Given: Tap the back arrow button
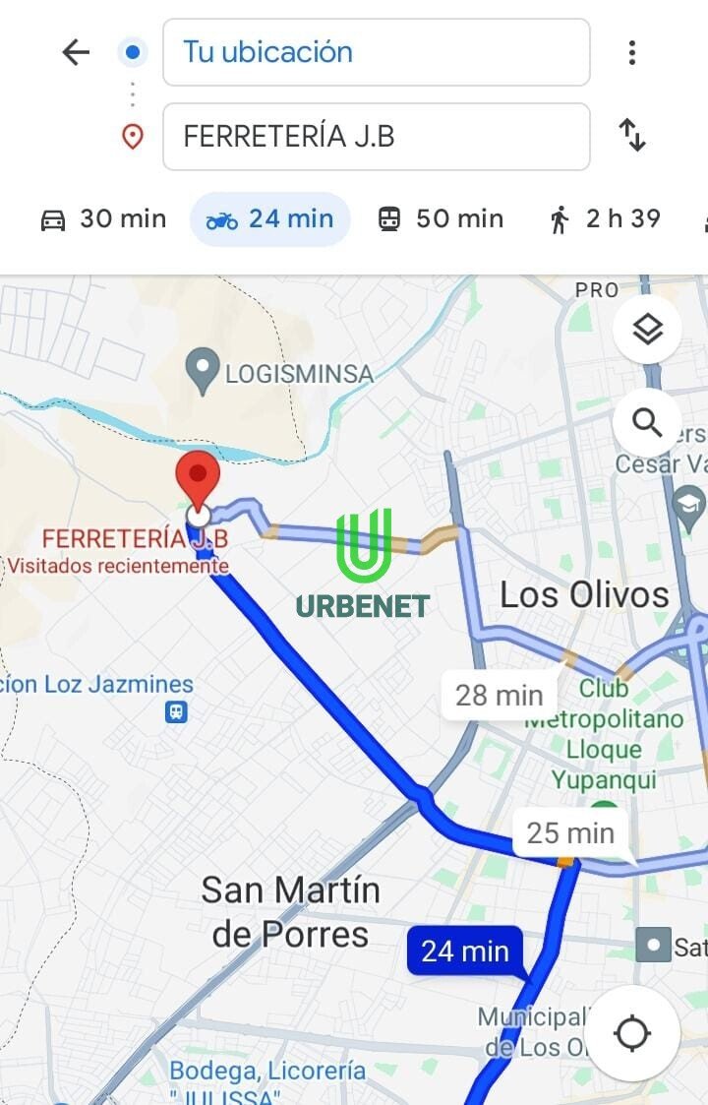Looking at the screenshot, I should pyautogui.click(x=76, y=52).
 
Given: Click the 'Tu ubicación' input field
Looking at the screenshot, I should pyautogui.click(x=376, y=52).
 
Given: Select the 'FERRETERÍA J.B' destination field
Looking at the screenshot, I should pyautogui.click(x=376, y=136).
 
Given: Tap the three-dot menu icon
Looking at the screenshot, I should pyautogui.click(x=632, y=52).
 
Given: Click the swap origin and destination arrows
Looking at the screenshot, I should pyautogui.click(x=632, y=135).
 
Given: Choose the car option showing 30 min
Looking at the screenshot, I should pyautogui.click(x=103, y=218).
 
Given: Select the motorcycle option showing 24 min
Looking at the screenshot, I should pyautogui.click(x=270, y=218).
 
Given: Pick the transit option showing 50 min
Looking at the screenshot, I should pyautogui.click(x=441, y=218).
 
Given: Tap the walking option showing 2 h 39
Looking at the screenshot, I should pyautogui.click(x=605, y=218).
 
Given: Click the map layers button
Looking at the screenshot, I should pyautogui.click(x=647, y=331).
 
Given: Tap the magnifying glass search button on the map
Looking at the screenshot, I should pyautogui.click(x=647, y=423).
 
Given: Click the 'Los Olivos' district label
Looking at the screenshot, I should pyautogui.click(x=584, y=594).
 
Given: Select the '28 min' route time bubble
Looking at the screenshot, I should pyautogui.click(x=499, y=695).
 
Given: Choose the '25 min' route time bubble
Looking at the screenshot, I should pyautogui.click(x=569, y=833).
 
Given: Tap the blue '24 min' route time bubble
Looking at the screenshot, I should pyautogui.click(x=465, y=952).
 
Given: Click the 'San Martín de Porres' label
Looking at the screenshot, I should pyautogui.click(x=290, y=912).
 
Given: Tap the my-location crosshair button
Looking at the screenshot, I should pyautogui.click(x=631, y=1033).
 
